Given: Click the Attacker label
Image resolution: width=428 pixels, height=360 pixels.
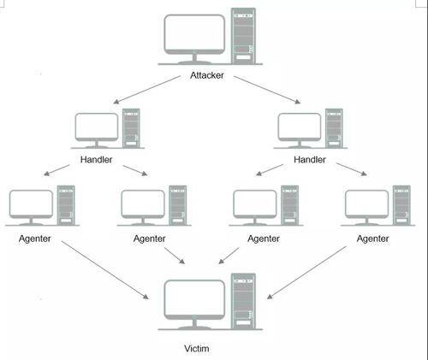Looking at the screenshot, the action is (x=207, y=75).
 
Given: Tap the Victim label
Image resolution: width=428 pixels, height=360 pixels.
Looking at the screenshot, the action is (x=197, y=348).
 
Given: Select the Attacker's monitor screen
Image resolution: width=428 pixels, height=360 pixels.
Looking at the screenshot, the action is (x=194, y=32).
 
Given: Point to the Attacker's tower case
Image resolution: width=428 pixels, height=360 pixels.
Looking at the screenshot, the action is (x=243, y=36).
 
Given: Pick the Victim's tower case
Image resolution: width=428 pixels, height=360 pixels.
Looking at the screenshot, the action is (x=243, y=301).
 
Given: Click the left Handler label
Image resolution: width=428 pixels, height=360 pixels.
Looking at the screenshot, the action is (x=96, y=160).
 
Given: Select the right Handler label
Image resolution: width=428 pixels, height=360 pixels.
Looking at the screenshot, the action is (x=310, y=160).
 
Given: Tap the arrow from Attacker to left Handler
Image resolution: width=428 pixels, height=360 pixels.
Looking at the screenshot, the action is (x=147, y=90).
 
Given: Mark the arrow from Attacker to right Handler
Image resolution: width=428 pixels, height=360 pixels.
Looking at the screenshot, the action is (x=267, y=90).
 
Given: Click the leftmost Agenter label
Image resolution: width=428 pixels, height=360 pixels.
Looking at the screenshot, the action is (x=35, y=239).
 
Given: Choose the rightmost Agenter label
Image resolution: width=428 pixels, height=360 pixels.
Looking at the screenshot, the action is (x=372, y=239).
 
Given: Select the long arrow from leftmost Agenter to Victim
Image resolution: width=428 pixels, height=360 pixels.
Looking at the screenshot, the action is (x=105, y=270).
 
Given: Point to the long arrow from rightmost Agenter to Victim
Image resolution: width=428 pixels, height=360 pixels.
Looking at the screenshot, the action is (x=306, y=273).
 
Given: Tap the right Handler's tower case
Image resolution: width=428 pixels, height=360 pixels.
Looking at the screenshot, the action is (x=334, y=128).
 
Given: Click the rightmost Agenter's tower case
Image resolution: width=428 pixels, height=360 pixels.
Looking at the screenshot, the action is (x=401, y=205).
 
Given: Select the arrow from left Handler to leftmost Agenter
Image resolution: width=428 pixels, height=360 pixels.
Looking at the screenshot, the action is (x=56, y=170).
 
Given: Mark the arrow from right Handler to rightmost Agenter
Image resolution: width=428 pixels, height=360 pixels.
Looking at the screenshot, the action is (x=352, y=169).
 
